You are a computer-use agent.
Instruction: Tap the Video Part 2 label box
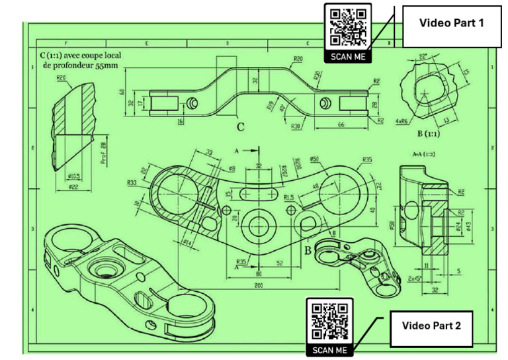point(431,325)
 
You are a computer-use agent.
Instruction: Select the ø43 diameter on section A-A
point(468,227)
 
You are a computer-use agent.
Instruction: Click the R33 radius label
point(131,182)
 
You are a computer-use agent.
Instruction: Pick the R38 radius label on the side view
point(296,125)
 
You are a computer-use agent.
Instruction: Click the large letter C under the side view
point(240,128)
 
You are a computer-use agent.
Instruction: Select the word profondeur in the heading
point(66,66)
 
